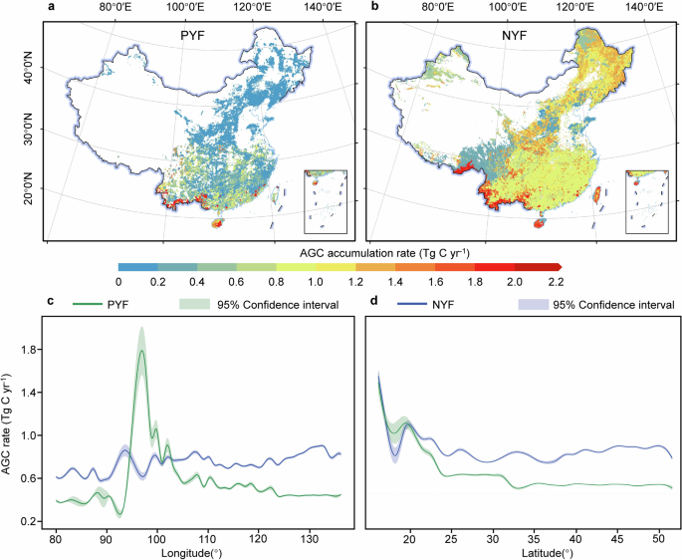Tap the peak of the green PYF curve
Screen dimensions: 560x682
[x=142, y=351]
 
